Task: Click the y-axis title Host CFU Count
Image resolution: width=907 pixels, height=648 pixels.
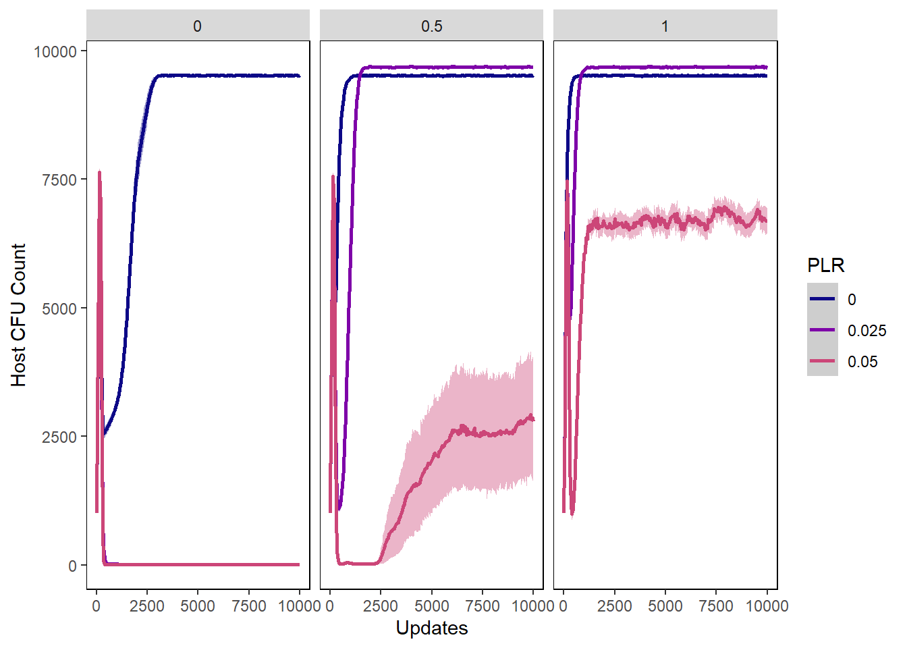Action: coord(18,315)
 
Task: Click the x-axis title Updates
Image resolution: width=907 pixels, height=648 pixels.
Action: coord(431,628)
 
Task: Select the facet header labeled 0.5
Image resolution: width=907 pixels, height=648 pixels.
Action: coord(431,26)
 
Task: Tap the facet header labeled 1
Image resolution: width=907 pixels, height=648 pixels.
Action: coord(665,26)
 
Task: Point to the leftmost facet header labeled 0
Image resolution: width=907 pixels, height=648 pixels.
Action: coord(197,26)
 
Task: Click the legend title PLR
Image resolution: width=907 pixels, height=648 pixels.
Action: coord(825,265)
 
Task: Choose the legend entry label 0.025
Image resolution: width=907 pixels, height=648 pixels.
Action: coord(867,331)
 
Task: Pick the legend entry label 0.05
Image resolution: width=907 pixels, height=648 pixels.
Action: coord(862,362)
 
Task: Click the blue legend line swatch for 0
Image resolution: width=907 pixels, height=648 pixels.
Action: coord(822,299)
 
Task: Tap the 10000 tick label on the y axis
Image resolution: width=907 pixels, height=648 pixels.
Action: coord(55,51)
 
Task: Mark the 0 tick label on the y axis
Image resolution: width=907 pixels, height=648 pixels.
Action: coord(72,566)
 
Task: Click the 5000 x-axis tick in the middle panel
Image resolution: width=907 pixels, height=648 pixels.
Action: coord(431,606)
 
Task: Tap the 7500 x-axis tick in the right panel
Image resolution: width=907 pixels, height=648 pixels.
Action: coord(716,606)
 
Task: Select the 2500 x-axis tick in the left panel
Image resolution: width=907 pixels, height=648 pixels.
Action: coord(147,606)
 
